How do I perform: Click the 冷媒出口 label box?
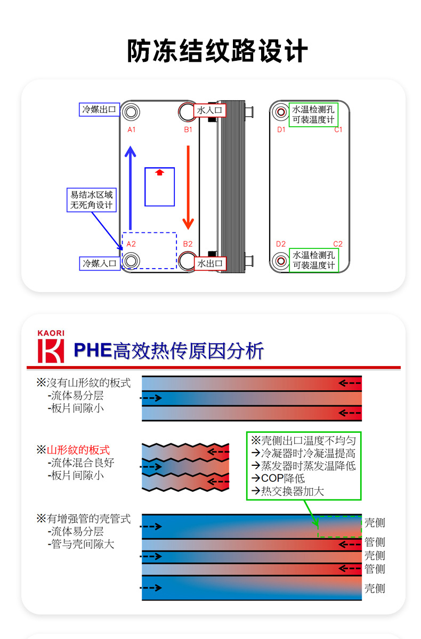pos(98,110)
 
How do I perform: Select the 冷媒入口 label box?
pos(98,263)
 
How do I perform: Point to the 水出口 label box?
pos(210,263)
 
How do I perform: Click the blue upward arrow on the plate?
pos(130,187)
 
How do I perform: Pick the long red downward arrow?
pos(188,187)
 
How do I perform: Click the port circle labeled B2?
pos(187,261)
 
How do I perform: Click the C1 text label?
pos(338,130)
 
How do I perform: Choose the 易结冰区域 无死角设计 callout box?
pos(92,200)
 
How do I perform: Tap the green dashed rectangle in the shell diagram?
pos(339,527)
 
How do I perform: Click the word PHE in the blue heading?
pos(92,350)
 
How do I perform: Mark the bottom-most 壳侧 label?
pos(374,588)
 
